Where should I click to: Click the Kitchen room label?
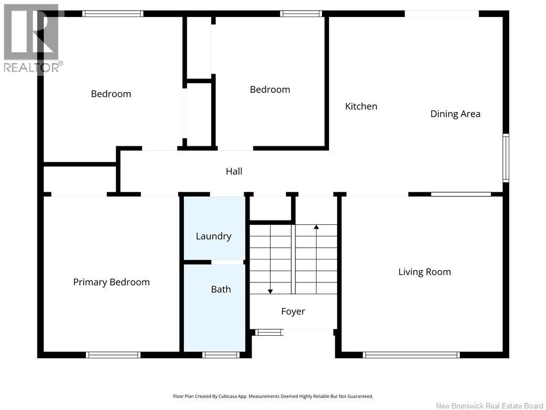click(x=361, y=106)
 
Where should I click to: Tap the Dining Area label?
click(x=455, y=114)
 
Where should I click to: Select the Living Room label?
click(x=424, y=272)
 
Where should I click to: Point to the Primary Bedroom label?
click(x=111, y=282)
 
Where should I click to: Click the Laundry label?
click(x=213, y=236)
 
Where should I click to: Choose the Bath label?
click(x=221, y=289)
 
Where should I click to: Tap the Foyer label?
click(x=293, y=311)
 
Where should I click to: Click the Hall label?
click(x=234, y=171)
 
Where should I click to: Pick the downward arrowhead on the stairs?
click(x=270, y=291)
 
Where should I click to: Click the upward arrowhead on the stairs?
click(x=316, y=227)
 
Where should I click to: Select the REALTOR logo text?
click(x=34, y=67)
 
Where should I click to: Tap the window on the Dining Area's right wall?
click(x=506, y=157)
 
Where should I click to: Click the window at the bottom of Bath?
click(x=221, y=355)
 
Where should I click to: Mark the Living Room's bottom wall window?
click(x=411, y=355)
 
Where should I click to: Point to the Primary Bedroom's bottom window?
click(x=113, y=355)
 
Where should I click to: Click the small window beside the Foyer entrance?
click(x=269, y=333)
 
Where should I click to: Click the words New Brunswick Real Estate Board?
click(x=489, y=406)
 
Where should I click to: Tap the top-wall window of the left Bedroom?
click(x=113, y=14)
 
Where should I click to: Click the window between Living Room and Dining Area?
click(x=461, y=194)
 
